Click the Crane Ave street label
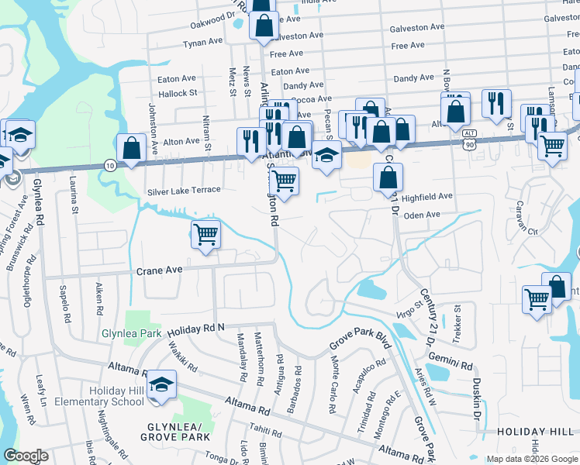pyautogui.click(x=159, y=270)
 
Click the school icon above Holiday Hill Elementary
pyautogui.click(x=161, y=384)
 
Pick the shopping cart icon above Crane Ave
pyautogui.click(x=205, y=233)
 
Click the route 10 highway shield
pyautogui.click(x=111, y=165)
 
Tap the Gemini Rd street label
pyautogui.click(x=453, y=363)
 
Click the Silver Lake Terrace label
pyautogui.click(x=184, y=190)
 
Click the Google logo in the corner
pyautogui.click(x=26, y=455)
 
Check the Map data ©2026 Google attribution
pyautogui.click(x=531, y=459)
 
